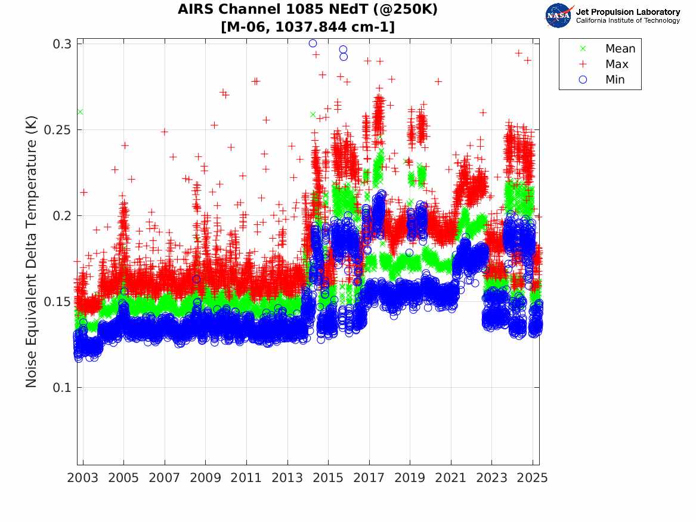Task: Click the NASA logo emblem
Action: [559, 15]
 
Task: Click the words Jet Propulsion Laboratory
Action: [627, 12]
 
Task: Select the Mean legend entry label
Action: [620, 49]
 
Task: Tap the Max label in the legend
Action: [617, 64]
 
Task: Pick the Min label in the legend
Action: [615, 80]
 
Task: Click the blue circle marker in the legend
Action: [583, 80]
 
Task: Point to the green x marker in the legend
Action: [583, 49]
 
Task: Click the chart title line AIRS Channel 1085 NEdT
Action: [308, 10]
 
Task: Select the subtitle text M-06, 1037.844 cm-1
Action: [308, 27]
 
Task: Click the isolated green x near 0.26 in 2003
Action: [80, 112]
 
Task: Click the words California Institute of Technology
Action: [627, 21]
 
